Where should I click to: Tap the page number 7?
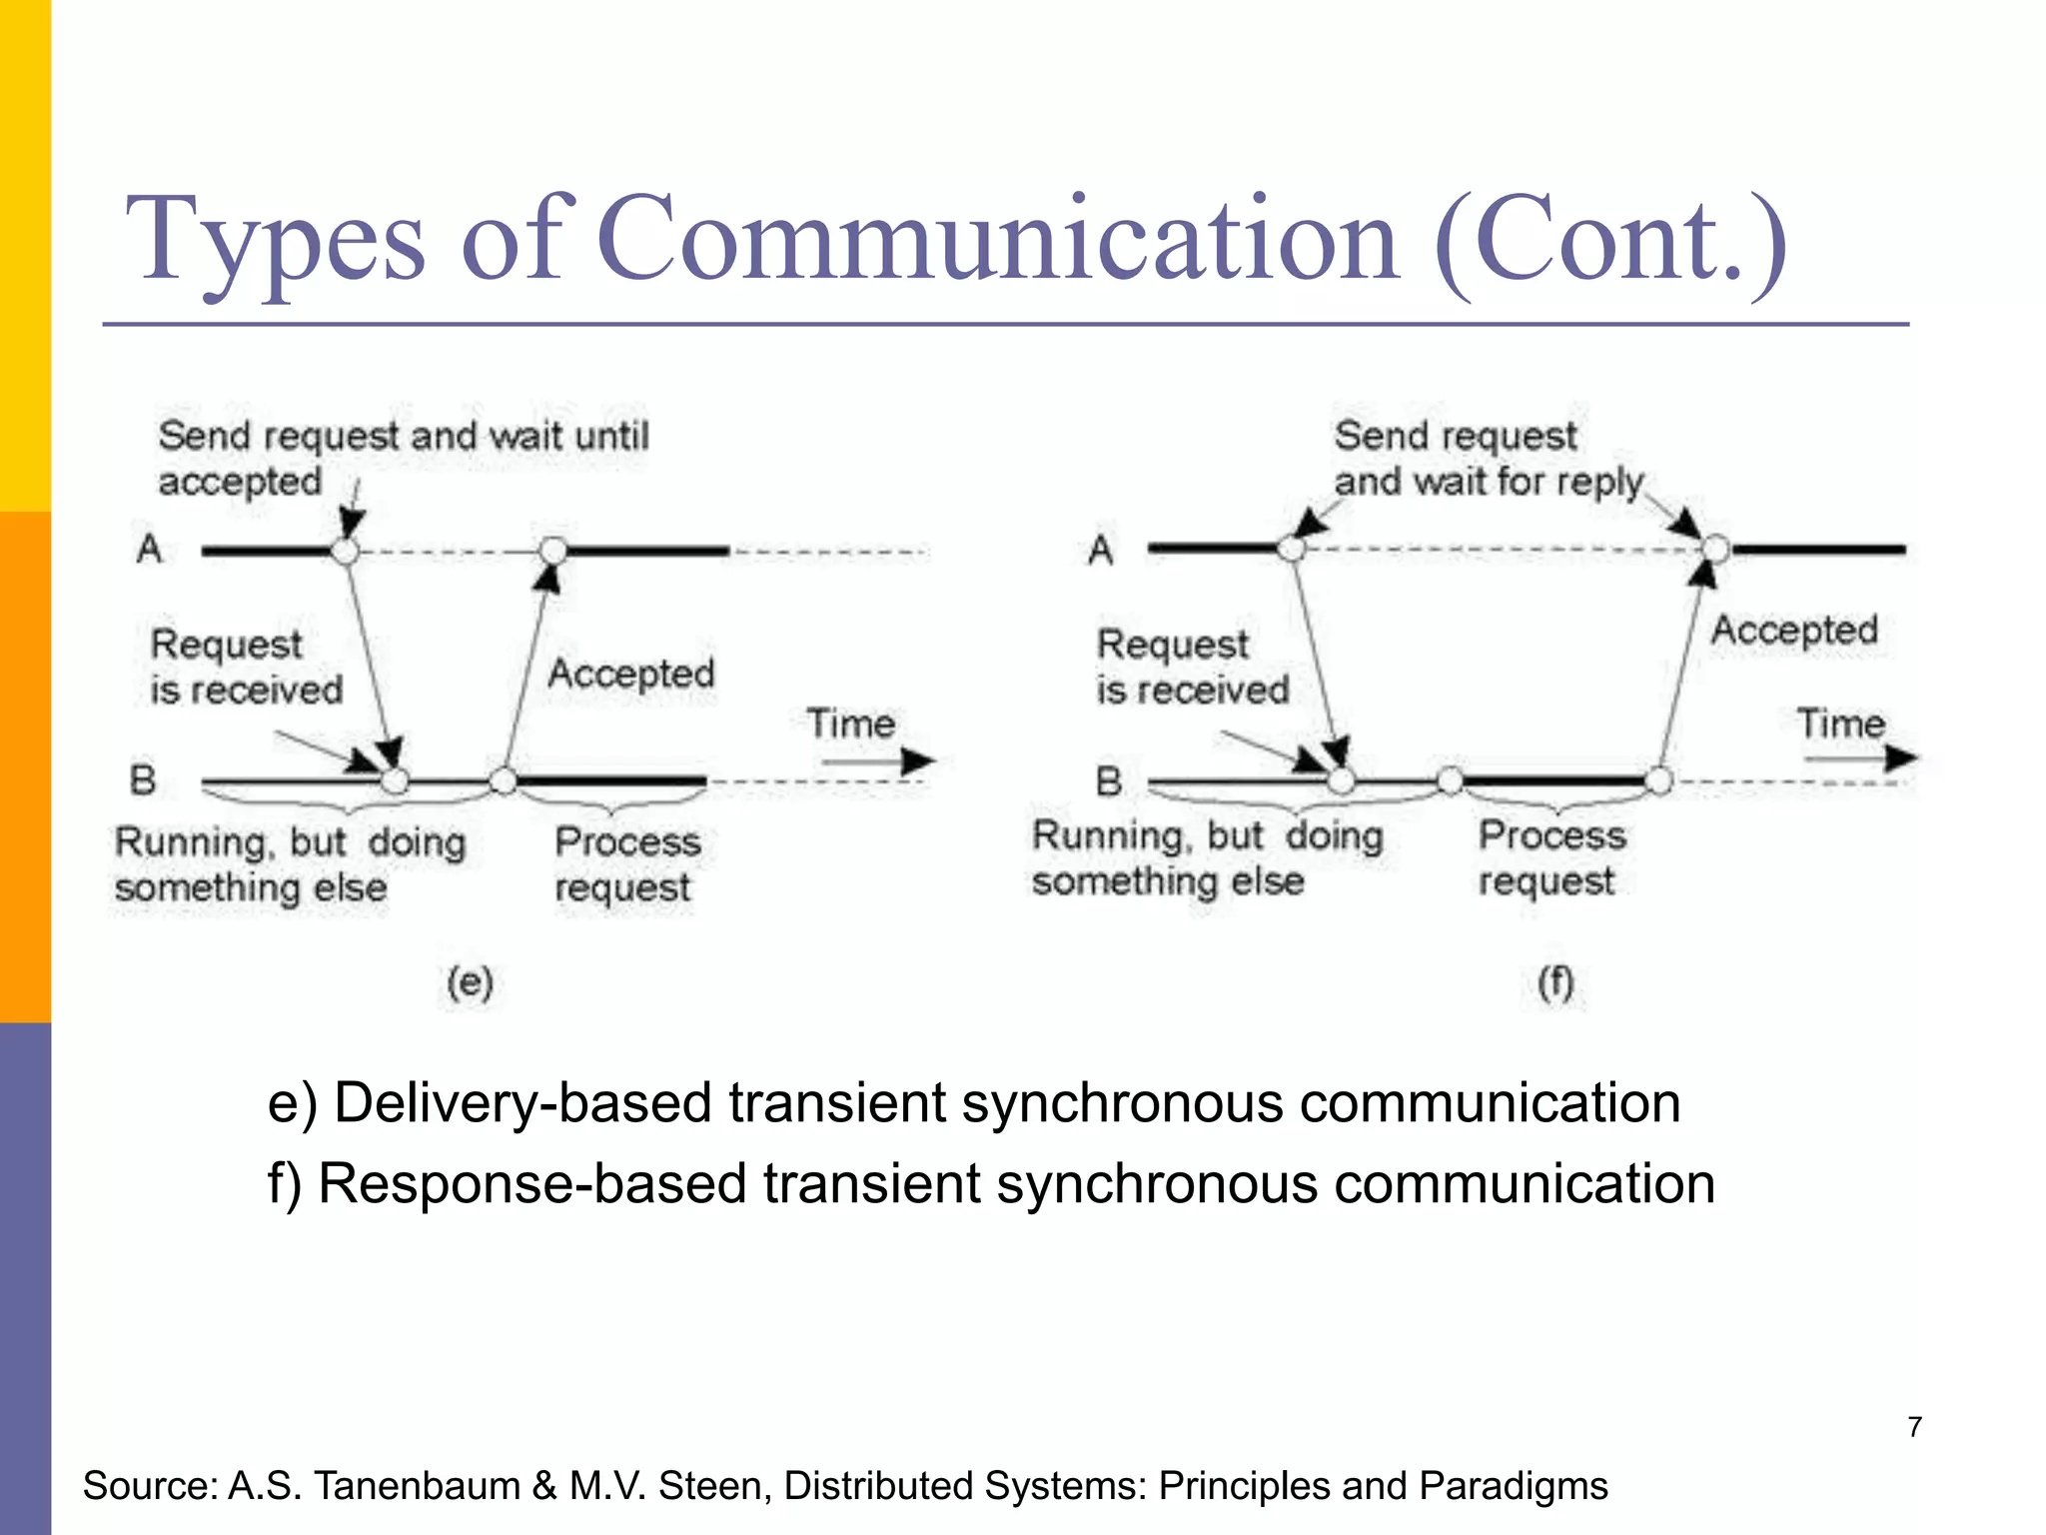1914,1426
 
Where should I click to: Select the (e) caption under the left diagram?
470,983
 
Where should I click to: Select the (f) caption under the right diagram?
1555,983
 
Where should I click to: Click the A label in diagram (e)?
150,549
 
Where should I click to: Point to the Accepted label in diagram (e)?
631,674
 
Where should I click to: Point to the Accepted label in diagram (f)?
1794,630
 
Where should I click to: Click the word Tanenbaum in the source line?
418,1486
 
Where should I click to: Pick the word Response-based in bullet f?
532,1184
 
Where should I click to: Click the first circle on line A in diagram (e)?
345,551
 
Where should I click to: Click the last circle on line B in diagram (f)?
1658,780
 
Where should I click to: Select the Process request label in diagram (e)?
625,864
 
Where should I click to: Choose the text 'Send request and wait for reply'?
1489,459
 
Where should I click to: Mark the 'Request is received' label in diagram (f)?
1192,667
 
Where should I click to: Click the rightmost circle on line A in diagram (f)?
1715,549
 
